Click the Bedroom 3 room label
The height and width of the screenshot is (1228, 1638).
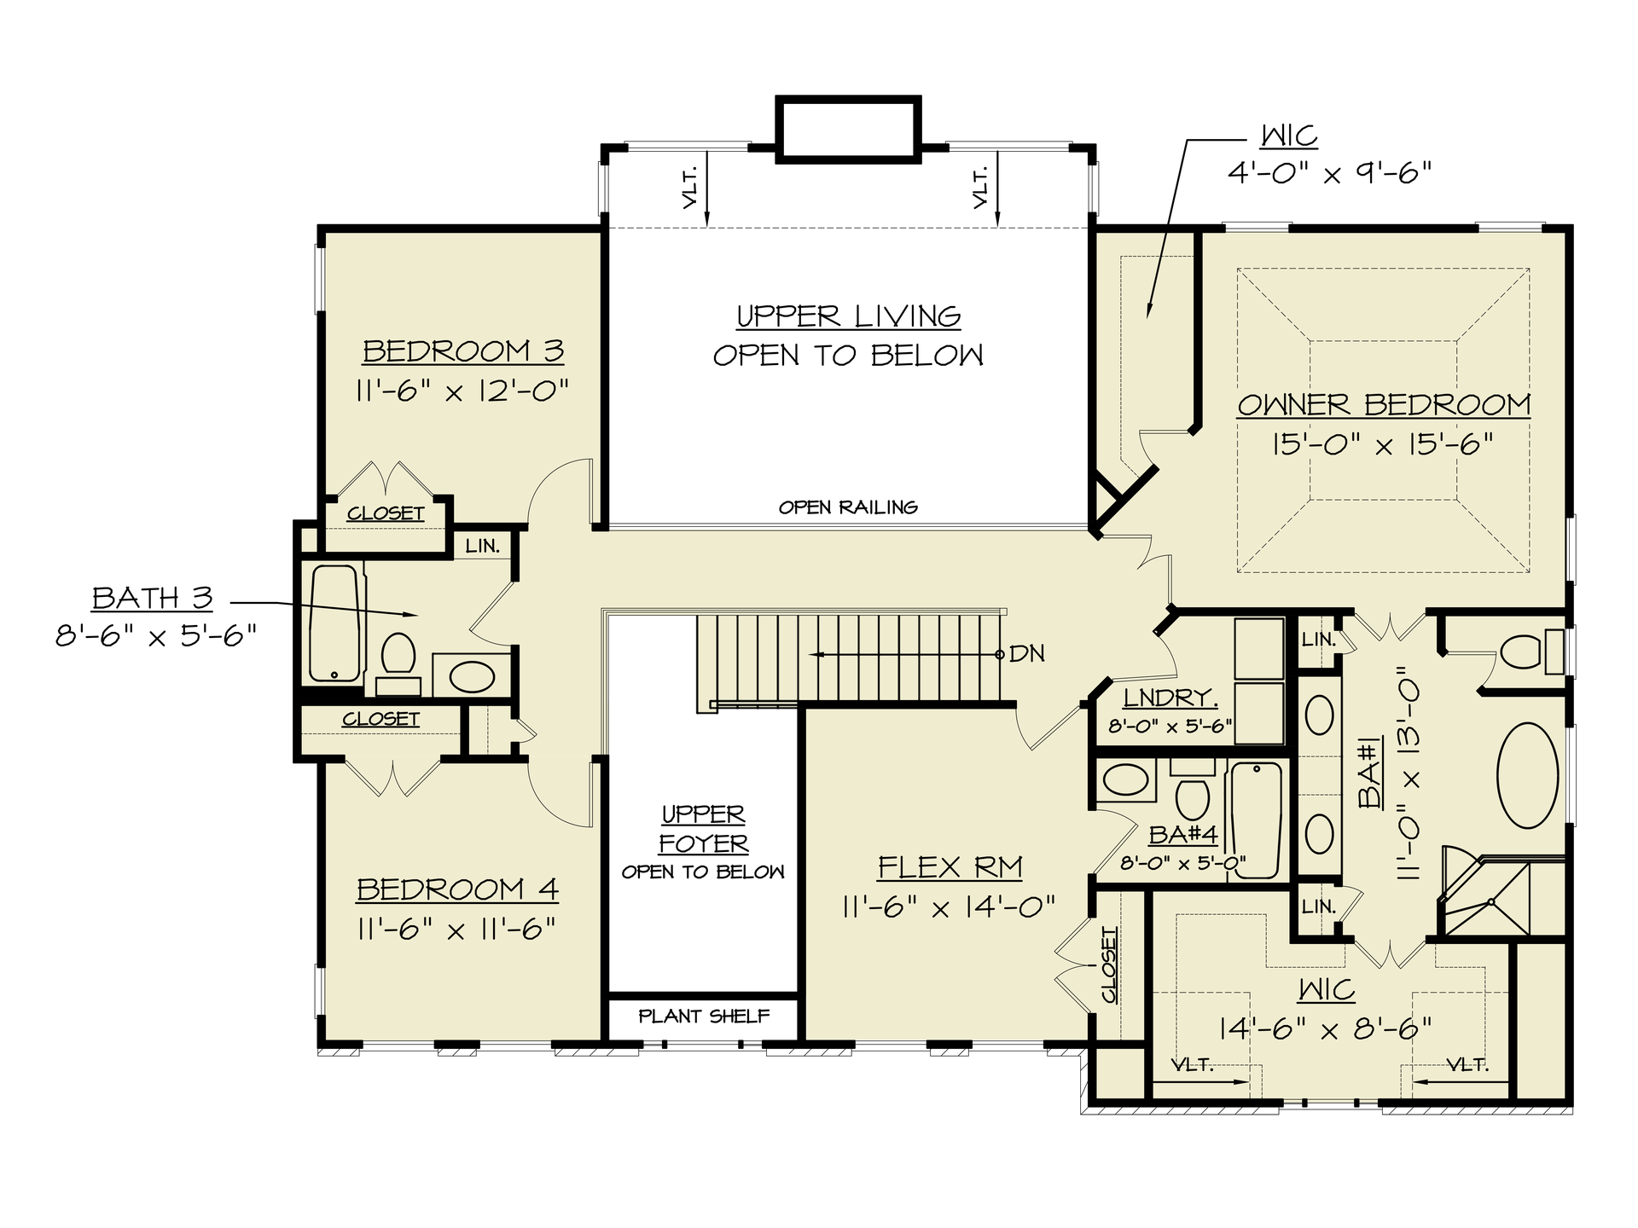coord(463,351)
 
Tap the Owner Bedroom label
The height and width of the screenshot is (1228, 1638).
coord(1384,404)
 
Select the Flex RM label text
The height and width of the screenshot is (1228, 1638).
coord(950,867)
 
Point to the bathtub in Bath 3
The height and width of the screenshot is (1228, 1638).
coord(335,623)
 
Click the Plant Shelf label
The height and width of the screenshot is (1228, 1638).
coord(704,1016)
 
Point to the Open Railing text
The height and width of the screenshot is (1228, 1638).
coord(848,507)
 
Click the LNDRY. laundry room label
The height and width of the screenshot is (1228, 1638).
coord(1170,698)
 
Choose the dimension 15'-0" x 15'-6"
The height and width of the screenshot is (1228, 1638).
coord(1383,444)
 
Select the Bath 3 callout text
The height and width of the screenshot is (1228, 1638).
coord(152,598)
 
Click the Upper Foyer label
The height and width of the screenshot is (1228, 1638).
coord(704,829)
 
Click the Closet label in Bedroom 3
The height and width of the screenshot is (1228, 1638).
coord(386,513)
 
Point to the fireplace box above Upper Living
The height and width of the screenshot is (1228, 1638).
coord(848,129)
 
